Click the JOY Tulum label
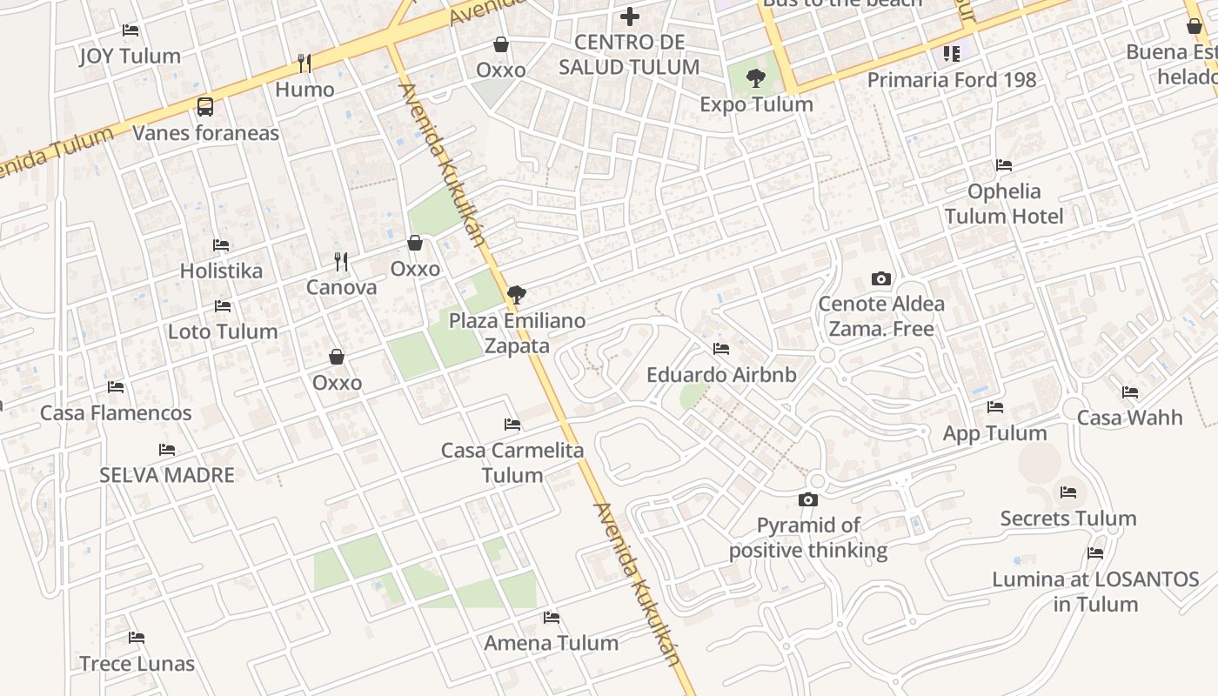130,57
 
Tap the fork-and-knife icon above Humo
304,63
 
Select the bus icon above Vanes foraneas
205,107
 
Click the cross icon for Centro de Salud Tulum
629,16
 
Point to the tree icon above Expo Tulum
756,79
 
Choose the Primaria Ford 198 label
952,80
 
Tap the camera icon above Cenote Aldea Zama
881,279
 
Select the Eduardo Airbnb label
721,375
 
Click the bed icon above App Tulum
995,407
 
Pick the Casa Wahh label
1129,418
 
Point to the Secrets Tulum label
1068,519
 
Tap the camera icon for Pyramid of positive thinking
808,499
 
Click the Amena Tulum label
552,643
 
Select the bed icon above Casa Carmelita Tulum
512,425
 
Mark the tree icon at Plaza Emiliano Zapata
516,294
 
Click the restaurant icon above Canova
341,261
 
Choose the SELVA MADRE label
167,475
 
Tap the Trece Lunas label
137,664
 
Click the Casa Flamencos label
116,413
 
